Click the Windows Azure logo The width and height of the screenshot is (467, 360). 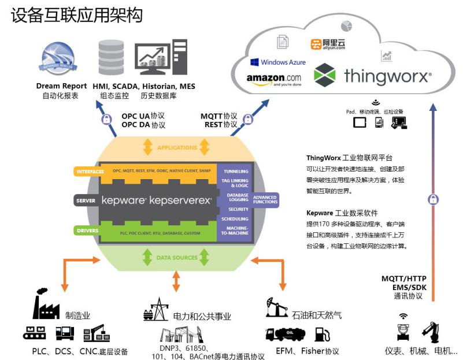[x=278, y=62]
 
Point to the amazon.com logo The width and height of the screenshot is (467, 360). [x=274, y=79]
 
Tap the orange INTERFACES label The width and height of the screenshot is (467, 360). [x=89, y=172]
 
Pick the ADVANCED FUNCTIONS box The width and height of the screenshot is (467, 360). [x=265, y=199]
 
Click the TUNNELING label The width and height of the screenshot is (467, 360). [x=235, y=171]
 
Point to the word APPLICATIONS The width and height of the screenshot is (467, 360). [x=177, y=147]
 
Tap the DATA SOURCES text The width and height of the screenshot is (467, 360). [x=177, y=257]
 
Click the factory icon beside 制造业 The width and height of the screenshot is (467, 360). [x=46, y=306]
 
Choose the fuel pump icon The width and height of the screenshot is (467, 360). [x=322, y=334]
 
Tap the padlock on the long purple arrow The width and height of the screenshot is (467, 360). [x=433, y=199]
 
